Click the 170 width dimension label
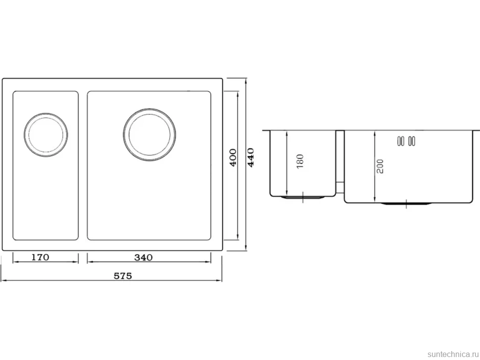click(x=41, y=257)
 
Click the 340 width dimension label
click(x=144, y=258)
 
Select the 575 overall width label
click(x=123, y=276)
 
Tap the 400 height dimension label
click(x=233, y=157)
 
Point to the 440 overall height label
click(x=251, y=157)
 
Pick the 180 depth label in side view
click(x=300, y=161)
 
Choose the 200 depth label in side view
click(x=380, y=166)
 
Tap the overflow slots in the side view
click(x=406, y=141)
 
